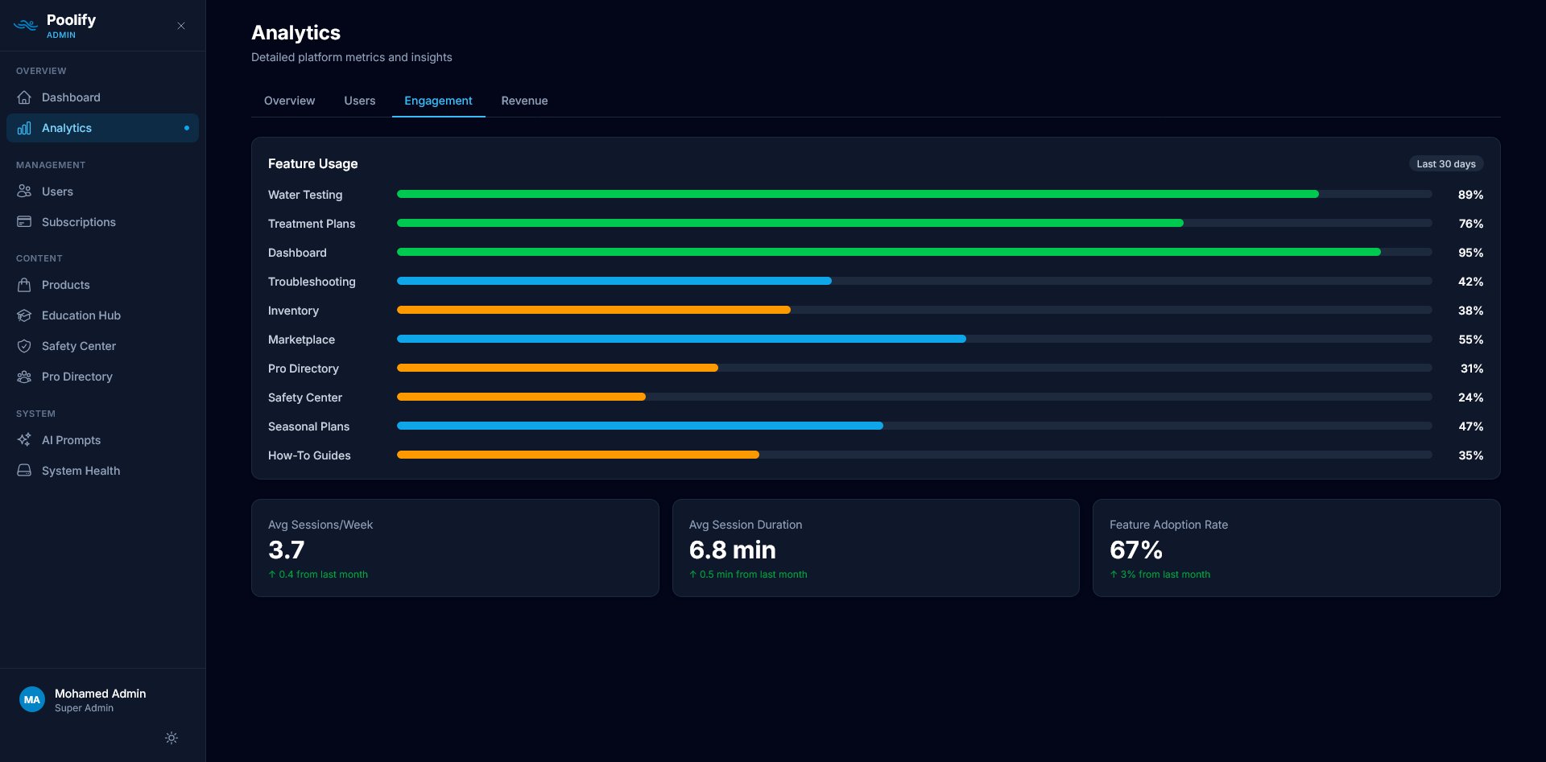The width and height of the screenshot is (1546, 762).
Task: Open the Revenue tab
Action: coord(524,101)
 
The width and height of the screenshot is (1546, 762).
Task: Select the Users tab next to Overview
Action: coord(359,101)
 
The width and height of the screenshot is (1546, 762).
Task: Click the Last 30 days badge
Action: coord(1445,163)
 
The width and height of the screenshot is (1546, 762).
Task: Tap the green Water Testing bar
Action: coord(857,194)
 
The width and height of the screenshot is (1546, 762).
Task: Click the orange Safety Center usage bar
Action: coord(521,397)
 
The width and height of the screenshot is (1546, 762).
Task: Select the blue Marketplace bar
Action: coord(680,339)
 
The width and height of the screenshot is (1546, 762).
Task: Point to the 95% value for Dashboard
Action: coord(1470,253)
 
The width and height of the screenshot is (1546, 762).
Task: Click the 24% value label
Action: coord(1470,397)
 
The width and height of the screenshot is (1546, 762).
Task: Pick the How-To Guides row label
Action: coord(309,455)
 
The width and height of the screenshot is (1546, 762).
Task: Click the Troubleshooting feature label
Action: coord(312,282)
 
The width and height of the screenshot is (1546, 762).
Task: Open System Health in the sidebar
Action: coord(81,471)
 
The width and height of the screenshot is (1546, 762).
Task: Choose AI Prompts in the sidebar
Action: coord(71,440)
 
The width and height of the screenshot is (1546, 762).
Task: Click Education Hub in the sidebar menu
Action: coord(81,315)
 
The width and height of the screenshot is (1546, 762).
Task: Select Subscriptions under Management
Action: coord(78,222)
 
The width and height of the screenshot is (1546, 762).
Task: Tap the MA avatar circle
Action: coord(32,699)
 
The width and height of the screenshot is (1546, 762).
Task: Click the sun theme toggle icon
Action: coord(172,738)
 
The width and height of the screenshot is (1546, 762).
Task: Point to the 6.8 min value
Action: coord(732,550)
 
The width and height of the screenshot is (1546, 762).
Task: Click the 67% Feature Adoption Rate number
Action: coord(1135,550)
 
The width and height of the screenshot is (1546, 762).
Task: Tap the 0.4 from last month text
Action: coord(322,575)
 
